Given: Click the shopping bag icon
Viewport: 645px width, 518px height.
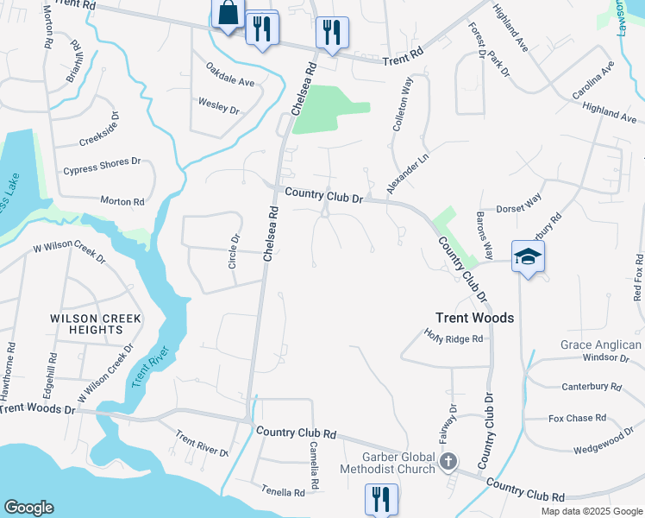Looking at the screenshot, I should click(x=228, y=14).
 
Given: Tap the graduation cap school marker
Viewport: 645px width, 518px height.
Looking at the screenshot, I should click(x=528, y=257).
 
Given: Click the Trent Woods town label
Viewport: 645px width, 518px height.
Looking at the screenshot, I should click(x=474, y=318).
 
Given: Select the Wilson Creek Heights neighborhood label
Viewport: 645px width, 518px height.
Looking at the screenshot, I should click(x=97, y=324).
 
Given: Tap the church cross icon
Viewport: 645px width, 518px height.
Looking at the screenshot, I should click(x=448, y=462).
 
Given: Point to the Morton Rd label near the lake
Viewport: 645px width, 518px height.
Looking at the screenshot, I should click(x=122, y=201).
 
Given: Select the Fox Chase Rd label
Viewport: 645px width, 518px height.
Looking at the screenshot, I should click(x=577, y=419).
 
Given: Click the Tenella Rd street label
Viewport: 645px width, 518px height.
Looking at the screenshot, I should click(x=284, y=492).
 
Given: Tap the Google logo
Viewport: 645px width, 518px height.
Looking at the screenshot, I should click(x=28, y=508).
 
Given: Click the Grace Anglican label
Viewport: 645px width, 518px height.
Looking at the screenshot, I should click(x=599, y=344).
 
